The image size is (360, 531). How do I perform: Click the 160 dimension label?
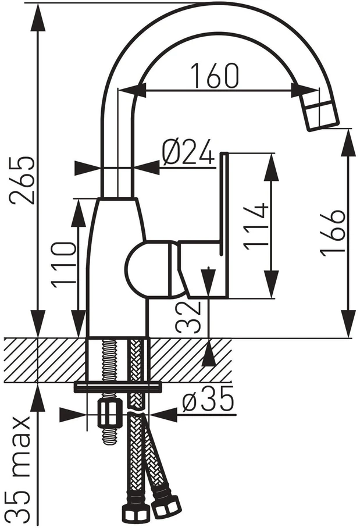click(215, 75)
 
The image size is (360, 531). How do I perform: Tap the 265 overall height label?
click(22, 180)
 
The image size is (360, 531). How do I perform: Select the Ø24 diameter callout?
click(188, 151)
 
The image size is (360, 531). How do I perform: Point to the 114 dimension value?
click(256, 226)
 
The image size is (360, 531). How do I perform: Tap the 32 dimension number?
click(188, 318)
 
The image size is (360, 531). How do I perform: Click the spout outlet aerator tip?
click(323, 116)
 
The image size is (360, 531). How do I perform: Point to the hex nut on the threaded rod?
click(109, 413)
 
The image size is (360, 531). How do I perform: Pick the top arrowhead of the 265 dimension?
click(38, 17)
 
